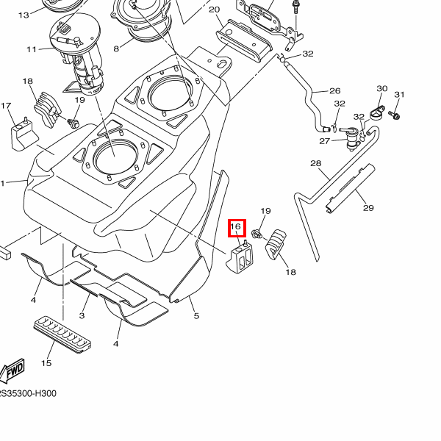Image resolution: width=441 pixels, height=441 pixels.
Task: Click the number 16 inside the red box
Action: (236, 227)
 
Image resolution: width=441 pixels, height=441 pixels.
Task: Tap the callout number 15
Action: (46, 363)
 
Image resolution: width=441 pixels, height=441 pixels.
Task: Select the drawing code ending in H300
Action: (27, 393)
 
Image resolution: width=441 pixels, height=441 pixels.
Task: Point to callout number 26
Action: (334, 91)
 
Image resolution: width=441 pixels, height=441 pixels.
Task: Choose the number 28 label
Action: (315, 163)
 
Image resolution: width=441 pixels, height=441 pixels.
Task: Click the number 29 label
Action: (368, 207)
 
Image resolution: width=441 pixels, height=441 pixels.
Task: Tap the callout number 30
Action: (381, 88)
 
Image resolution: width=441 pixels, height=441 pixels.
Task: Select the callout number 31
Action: (400, 95)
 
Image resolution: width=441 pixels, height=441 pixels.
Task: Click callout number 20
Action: (215, 10)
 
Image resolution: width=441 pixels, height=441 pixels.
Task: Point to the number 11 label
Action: (32, 49)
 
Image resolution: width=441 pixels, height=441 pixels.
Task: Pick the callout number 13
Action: (23, 15)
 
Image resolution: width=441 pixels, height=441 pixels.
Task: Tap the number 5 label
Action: (196, 316)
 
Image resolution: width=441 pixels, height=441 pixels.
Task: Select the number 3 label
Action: (82, 315)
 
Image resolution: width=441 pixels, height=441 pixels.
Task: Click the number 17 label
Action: (7, 106)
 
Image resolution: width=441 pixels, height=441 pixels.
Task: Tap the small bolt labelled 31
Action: (395, 115)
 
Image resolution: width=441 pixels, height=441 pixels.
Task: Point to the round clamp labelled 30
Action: (377, 112)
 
